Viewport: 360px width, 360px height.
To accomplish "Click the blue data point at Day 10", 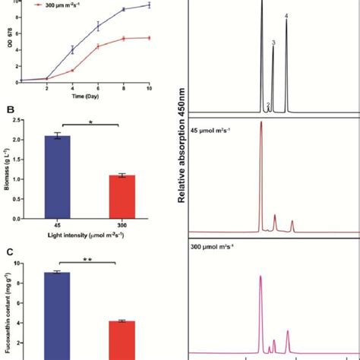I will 149,5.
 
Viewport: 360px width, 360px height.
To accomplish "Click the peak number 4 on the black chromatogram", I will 286,15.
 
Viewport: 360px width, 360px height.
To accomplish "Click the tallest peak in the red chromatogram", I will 261,125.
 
